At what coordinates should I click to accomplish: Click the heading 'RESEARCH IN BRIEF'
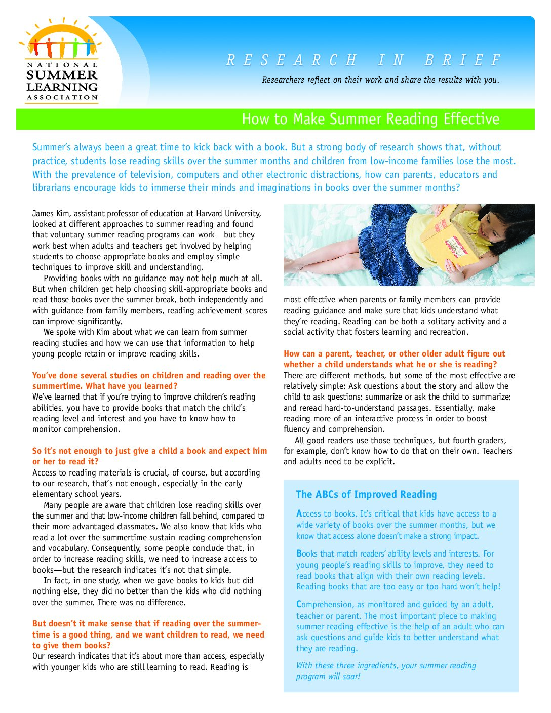[363, 61]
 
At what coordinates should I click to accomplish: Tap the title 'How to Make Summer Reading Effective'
[370, 119]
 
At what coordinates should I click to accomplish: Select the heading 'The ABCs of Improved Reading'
[366, 494]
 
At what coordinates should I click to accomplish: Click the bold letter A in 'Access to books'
[299, 513]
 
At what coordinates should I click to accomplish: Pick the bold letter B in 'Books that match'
[299, 553]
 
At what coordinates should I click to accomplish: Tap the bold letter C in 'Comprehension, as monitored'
[299, 604]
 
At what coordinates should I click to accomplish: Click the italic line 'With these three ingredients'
[386, 665]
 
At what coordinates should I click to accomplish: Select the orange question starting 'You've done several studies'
[149, 380]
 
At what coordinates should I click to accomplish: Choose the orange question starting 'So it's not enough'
[149, 456]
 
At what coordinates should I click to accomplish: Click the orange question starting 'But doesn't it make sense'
[148, 634]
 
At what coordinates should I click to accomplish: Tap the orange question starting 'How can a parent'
[394, 359]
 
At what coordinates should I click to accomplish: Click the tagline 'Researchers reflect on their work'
[380, 80]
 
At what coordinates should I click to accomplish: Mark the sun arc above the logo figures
[62, 30]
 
